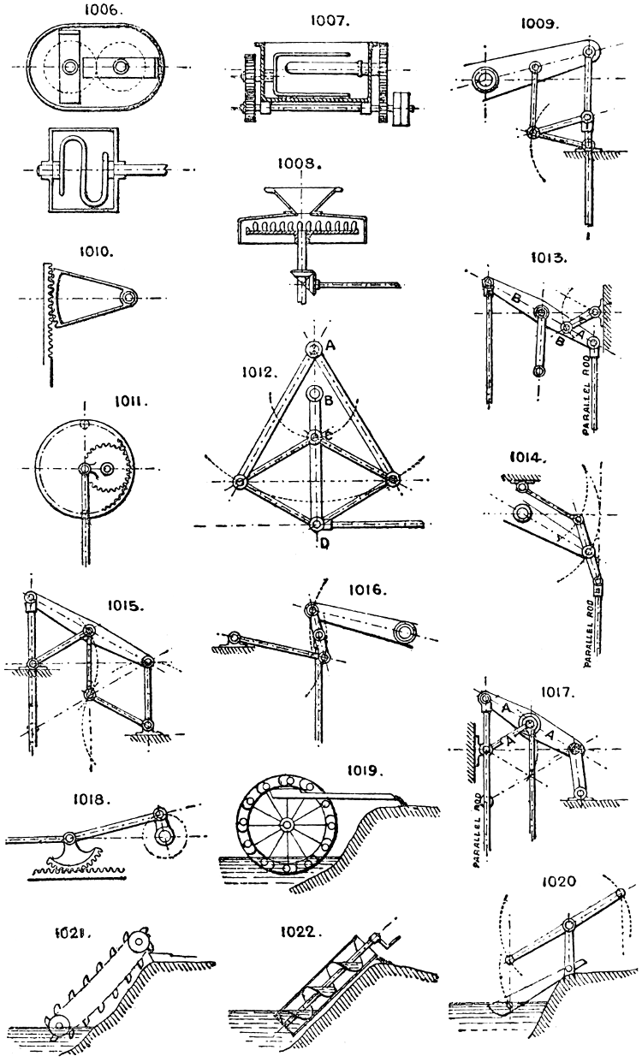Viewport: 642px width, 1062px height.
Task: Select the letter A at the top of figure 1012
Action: tap(330, 345)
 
